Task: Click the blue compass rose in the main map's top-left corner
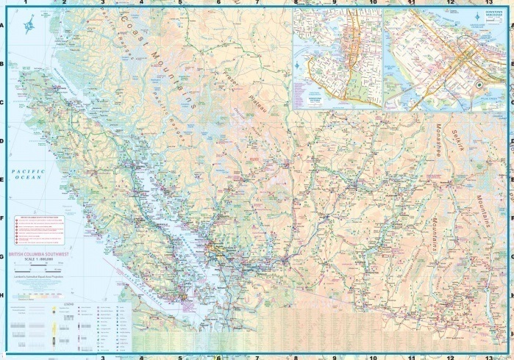point(28,29)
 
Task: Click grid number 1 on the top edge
point(26,4)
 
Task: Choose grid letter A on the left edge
point(3,26)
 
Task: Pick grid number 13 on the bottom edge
point(488,356)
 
